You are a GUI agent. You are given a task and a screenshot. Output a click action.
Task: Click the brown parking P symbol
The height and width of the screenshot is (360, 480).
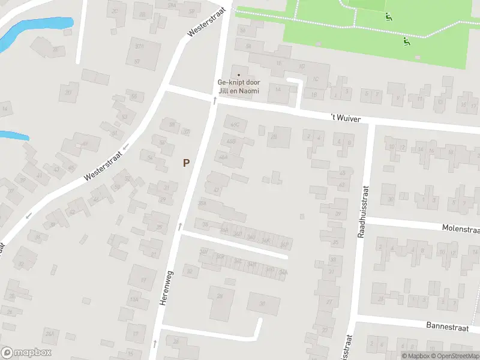click(x=187, y=163)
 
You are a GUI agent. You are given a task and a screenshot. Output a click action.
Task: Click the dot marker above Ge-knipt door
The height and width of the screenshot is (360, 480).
click(x=236, y=68)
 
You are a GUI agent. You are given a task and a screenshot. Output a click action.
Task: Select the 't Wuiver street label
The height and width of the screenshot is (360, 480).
click(x=346, y=119)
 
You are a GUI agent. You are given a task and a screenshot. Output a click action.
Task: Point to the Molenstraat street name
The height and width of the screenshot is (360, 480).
click(x=460, y=228)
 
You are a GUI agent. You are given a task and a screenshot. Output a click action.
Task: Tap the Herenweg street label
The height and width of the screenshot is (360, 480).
click(x=166, y=289)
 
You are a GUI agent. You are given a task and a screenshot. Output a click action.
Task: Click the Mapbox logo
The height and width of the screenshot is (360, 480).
click(x=26, y=353)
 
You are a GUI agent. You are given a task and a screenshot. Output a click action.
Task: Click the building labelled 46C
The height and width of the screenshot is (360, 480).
click(x=234, y=124)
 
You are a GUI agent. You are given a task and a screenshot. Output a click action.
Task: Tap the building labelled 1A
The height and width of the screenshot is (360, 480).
click(x=278, y=90)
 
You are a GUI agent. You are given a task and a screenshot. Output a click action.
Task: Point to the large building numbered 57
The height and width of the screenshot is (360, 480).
click(x=139, y=54)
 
